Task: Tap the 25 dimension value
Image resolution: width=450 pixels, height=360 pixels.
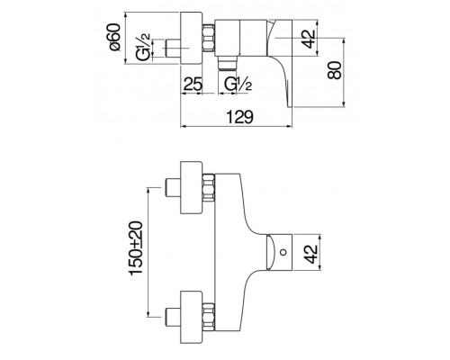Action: (191, 87)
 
